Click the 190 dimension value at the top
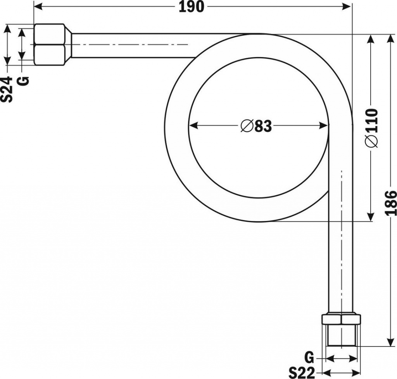click(x=191, y=7)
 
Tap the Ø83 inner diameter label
click(x=256, y=126)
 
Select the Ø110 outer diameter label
click(x=371, y=128)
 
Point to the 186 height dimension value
click(x=391, y=202)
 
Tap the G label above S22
click(x=309, y=357)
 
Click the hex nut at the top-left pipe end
click(x=49, y=45)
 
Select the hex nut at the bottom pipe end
click(x=341, y=319)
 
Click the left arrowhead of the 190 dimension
click(x=38, y=6)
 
